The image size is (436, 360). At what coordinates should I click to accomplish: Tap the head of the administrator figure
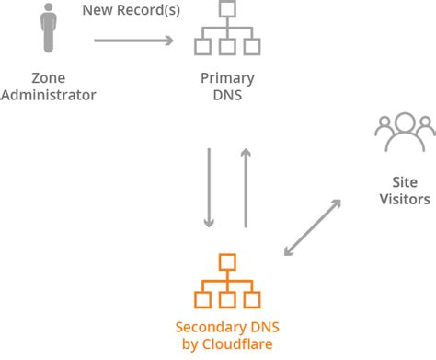click(46, 12)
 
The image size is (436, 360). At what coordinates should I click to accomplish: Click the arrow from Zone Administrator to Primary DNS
click(133, 41)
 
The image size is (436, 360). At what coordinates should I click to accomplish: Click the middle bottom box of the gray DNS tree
click(226, 48)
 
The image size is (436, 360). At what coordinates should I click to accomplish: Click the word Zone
click(47, 78)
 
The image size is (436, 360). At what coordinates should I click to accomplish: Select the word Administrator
click(48, 95)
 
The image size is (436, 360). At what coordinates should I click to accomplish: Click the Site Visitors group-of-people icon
click(405, 134)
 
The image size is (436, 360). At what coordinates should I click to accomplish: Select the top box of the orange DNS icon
click(226, 261)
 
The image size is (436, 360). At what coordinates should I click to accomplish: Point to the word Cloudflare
click(241, 343)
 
